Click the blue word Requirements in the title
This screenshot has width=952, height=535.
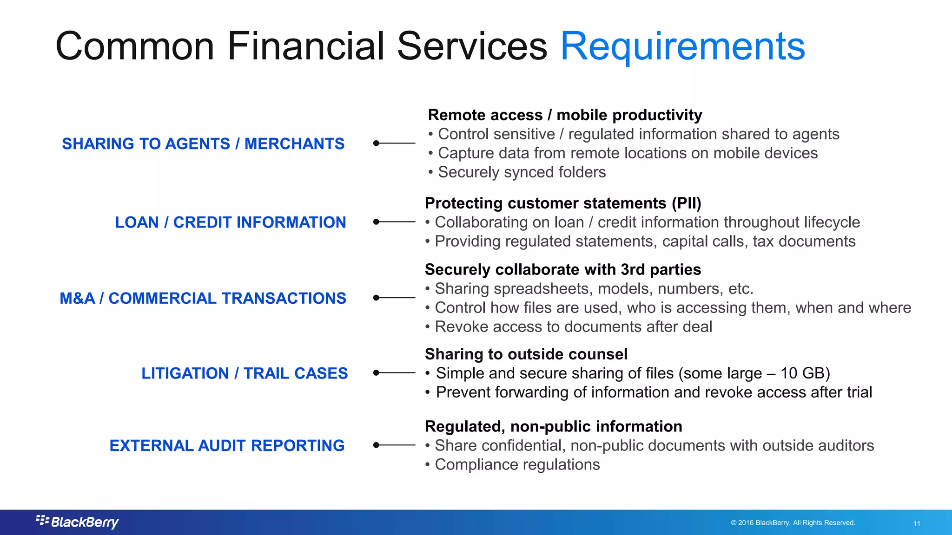(682, 46)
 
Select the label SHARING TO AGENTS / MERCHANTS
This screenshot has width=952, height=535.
(203, 144)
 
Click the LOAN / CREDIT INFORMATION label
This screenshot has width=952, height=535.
(231, 222)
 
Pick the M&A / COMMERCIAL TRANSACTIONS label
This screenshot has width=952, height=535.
(203, 298)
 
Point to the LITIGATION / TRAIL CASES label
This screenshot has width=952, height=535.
(245, 373)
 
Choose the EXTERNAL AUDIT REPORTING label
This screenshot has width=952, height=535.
(227, 446)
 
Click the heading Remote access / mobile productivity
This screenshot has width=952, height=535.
(565, 115)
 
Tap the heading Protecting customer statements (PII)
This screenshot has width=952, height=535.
(563, 203)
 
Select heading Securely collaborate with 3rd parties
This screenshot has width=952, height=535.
(563, 270)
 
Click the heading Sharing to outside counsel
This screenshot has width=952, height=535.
(526, 354)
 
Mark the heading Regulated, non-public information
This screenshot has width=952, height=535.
(553, 427)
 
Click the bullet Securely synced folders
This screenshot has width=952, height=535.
(522, 172)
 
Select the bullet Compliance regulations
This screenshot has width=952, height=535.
(517, 465)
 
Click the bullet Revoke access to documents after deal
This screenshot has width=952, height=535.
(573, 327)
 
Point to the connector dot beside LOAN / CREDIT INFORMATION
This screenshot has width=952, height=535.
(377, 222)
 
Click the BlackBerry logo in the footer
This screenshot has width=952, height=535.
(77, 522)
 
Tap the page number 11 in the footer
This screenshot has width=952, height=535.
(917, 523)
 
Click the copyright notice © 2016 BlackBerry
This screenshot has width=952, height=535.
(793, 523)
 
